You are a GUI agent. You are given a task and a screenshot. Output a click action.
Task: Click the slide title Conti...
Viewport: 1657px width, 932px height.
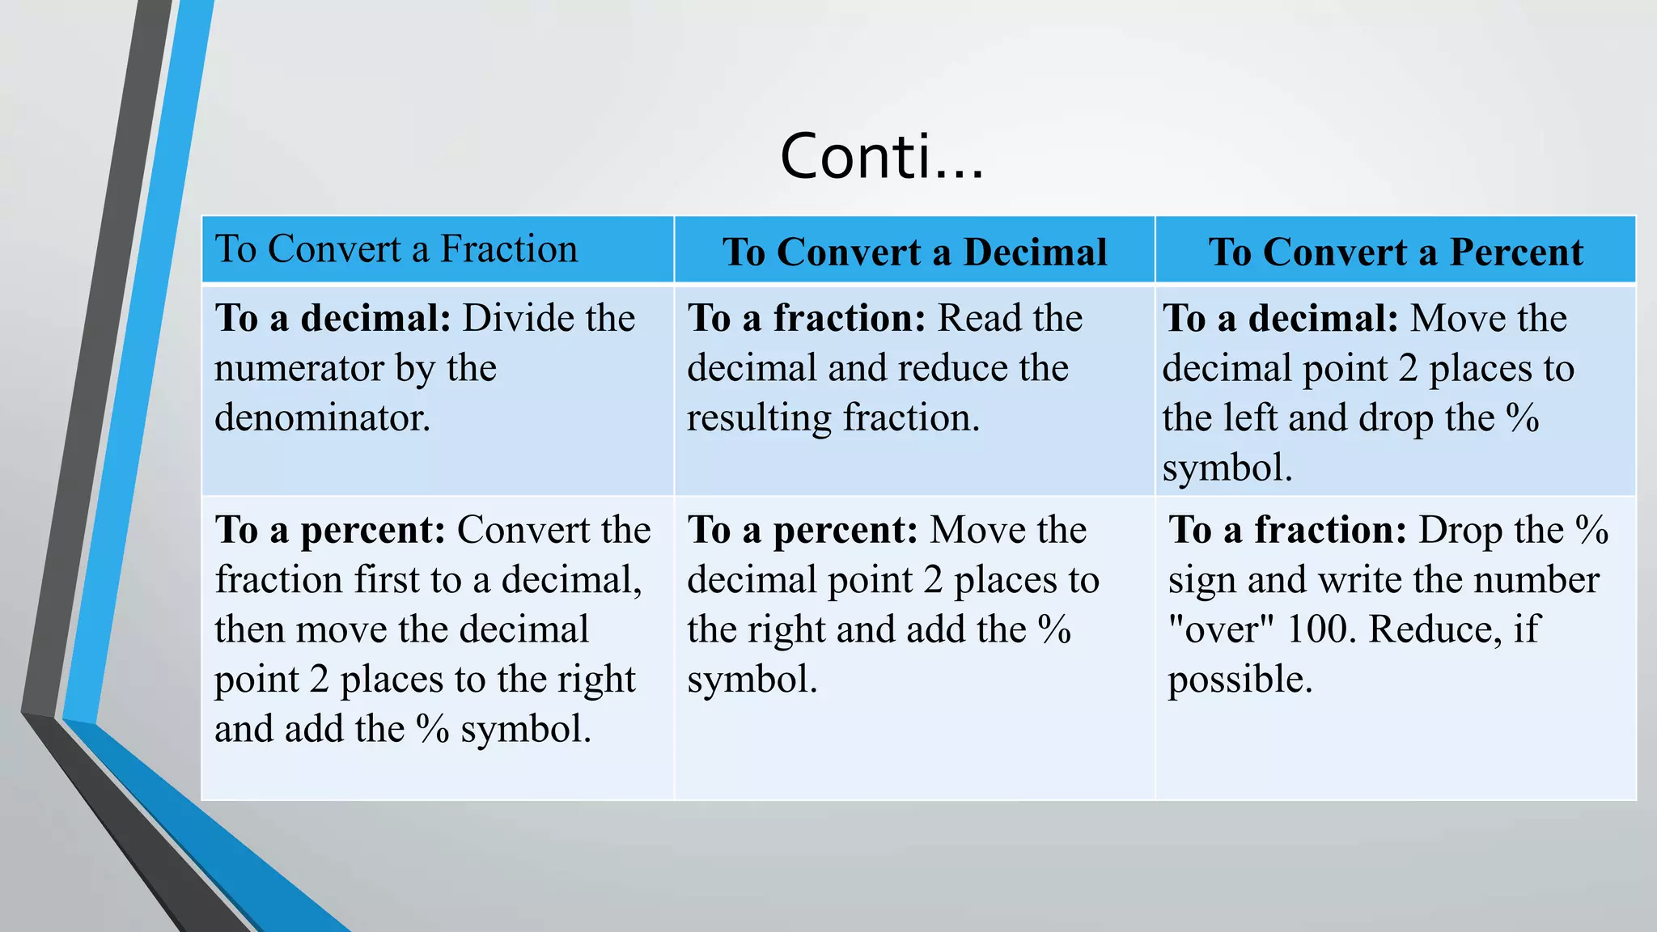coord(881,156)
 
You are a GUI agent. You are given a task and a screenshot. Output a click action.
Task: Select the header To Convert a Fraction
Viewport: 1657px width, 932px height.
coord(396,249)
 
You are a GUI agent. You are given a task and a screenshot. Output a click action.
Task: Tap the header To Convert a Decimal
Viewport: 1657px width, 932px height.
coord(914,252)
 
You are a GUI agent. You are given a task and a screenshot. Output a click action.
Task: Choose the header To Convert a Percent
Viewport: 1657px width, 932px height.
coord(1396,252)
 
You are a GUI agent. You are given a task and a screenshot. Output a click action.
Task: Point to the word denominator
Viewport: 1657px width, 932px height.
coord(322,418)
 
